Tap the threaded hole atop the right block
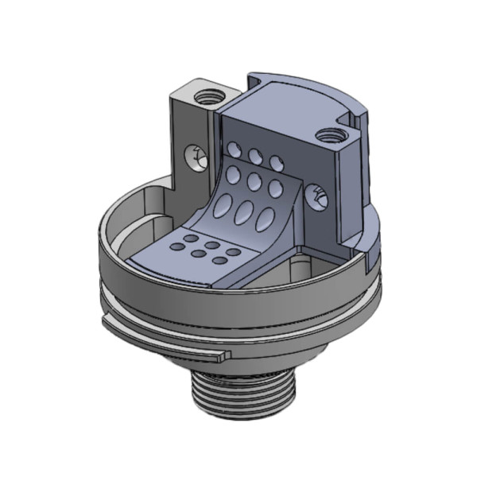[327, 136]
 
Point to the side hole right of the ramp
[318, 196]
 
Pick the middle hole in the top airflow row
[255, 155]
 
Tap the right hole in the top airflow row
[275, 162]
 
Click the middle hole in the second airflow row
[254, 180]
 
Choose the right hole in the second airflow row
[275, 188]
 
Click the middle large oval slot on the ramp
[244, 212]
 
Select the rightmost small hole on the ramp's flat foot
[233, 252]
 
